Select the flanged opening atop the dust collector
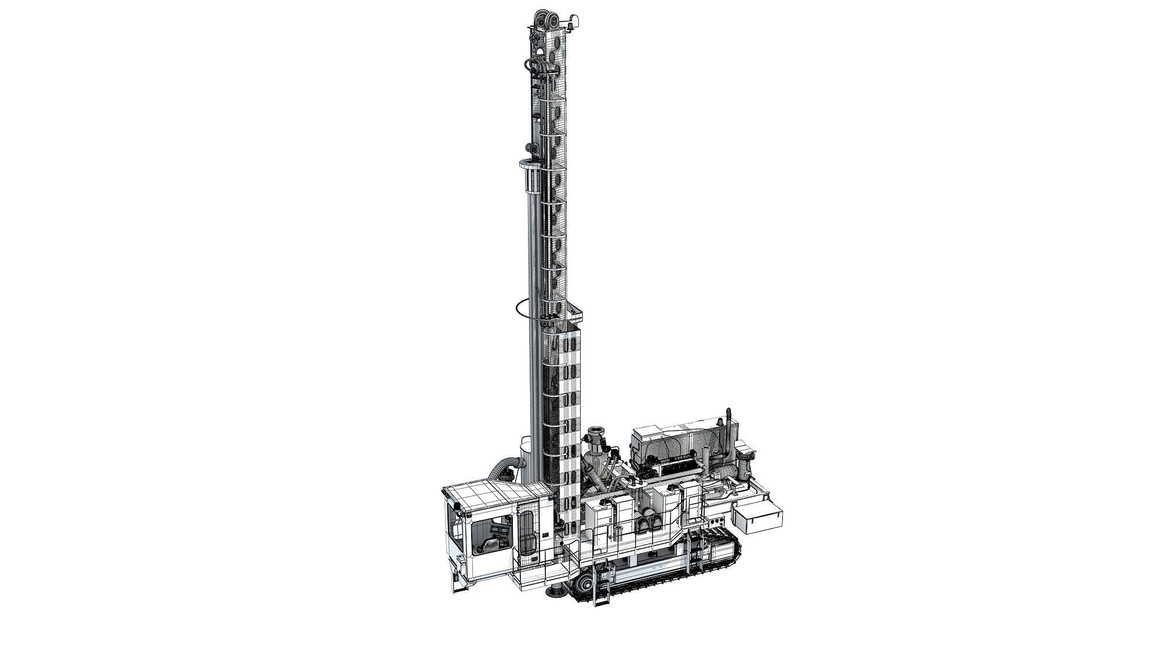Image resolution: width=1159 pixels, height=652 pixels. (595, 435)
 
